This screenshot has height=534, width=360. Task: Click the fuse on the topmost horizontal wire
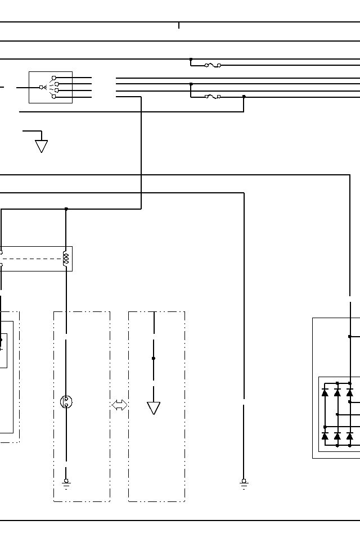(x=213, y=65)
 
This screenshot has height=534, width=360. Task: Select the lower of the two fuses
(x=213, y=97)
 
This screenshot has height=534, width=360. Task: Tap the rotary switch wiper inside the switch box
(x=43, y=87)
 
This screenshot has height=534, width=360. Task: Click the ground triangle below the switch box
(x=41, y=146)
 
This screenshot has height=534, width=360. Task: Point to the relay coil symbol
(x=66, y=259)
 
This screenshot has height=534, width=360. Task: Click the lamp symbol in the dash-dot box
(x=66, y=401)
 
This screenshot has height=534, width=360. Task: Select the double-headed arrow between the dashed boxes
(x=119, y=405)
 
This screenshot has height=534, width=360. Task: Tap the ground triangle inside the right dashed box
(x=154, y=408)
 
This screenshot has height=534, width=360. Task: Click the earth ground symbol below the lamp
(x=66, y=482)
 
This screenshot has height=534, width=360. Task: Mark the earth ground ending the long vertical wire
(x=244, y=482)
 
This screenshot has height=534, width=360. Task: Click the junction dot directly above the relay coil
(x=66, y=209)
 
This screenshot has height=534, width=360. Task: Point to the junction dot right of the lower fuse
(x=244, y=96)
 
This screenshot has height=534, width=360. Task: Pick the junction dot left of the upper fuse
(x=191, y=59)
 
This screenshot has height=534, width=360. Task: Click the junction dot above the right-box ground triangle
(x=154, y=358)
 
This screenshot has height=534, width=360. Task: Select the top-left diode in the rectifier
(x=325, y=392)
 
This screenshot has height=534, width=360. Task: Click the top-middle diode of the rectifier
(x=337, y=392)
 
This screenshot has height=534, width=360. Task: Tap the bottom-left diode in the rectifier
(x=325, y=436)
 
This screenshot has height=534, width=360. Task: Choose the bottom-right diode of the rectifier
(x=350, y=436)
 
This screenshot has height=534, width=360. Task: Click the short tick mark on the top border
(x=179, y=25)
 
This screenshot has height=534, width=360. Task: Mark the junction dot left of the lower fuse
(x=191, y=84)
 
